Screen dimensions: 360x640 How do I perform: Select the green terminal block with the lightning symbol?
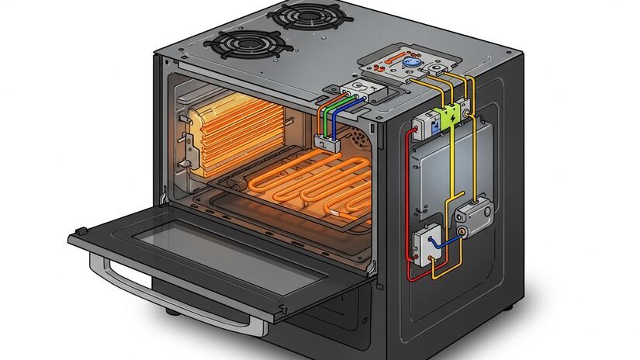click(x=448, y=117)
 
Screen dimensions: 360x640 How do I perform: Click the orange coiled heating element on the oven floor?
click(x=310, y=183)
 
